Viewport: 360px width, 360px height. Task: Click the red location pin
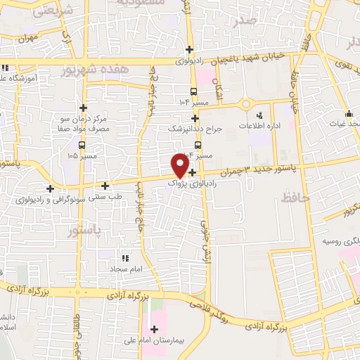point(180,165)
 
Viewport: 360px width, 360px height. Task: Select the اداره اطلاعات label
point(269,127)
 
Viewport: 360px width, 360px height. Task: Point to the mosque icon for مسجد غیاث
point(349,114)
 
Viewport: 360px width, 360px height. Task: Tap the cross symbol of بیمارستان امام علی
point(153,328)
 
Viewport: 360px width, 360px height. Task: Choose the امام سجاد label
point(126,269)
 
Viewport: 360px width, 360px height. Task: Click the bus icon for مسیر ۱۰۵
point(83,145)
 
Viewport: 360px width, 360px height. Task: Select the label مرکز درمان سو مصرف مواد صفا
point(84,124)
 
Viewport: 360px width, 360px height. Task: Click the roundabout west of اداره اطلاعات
point(245,105)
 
